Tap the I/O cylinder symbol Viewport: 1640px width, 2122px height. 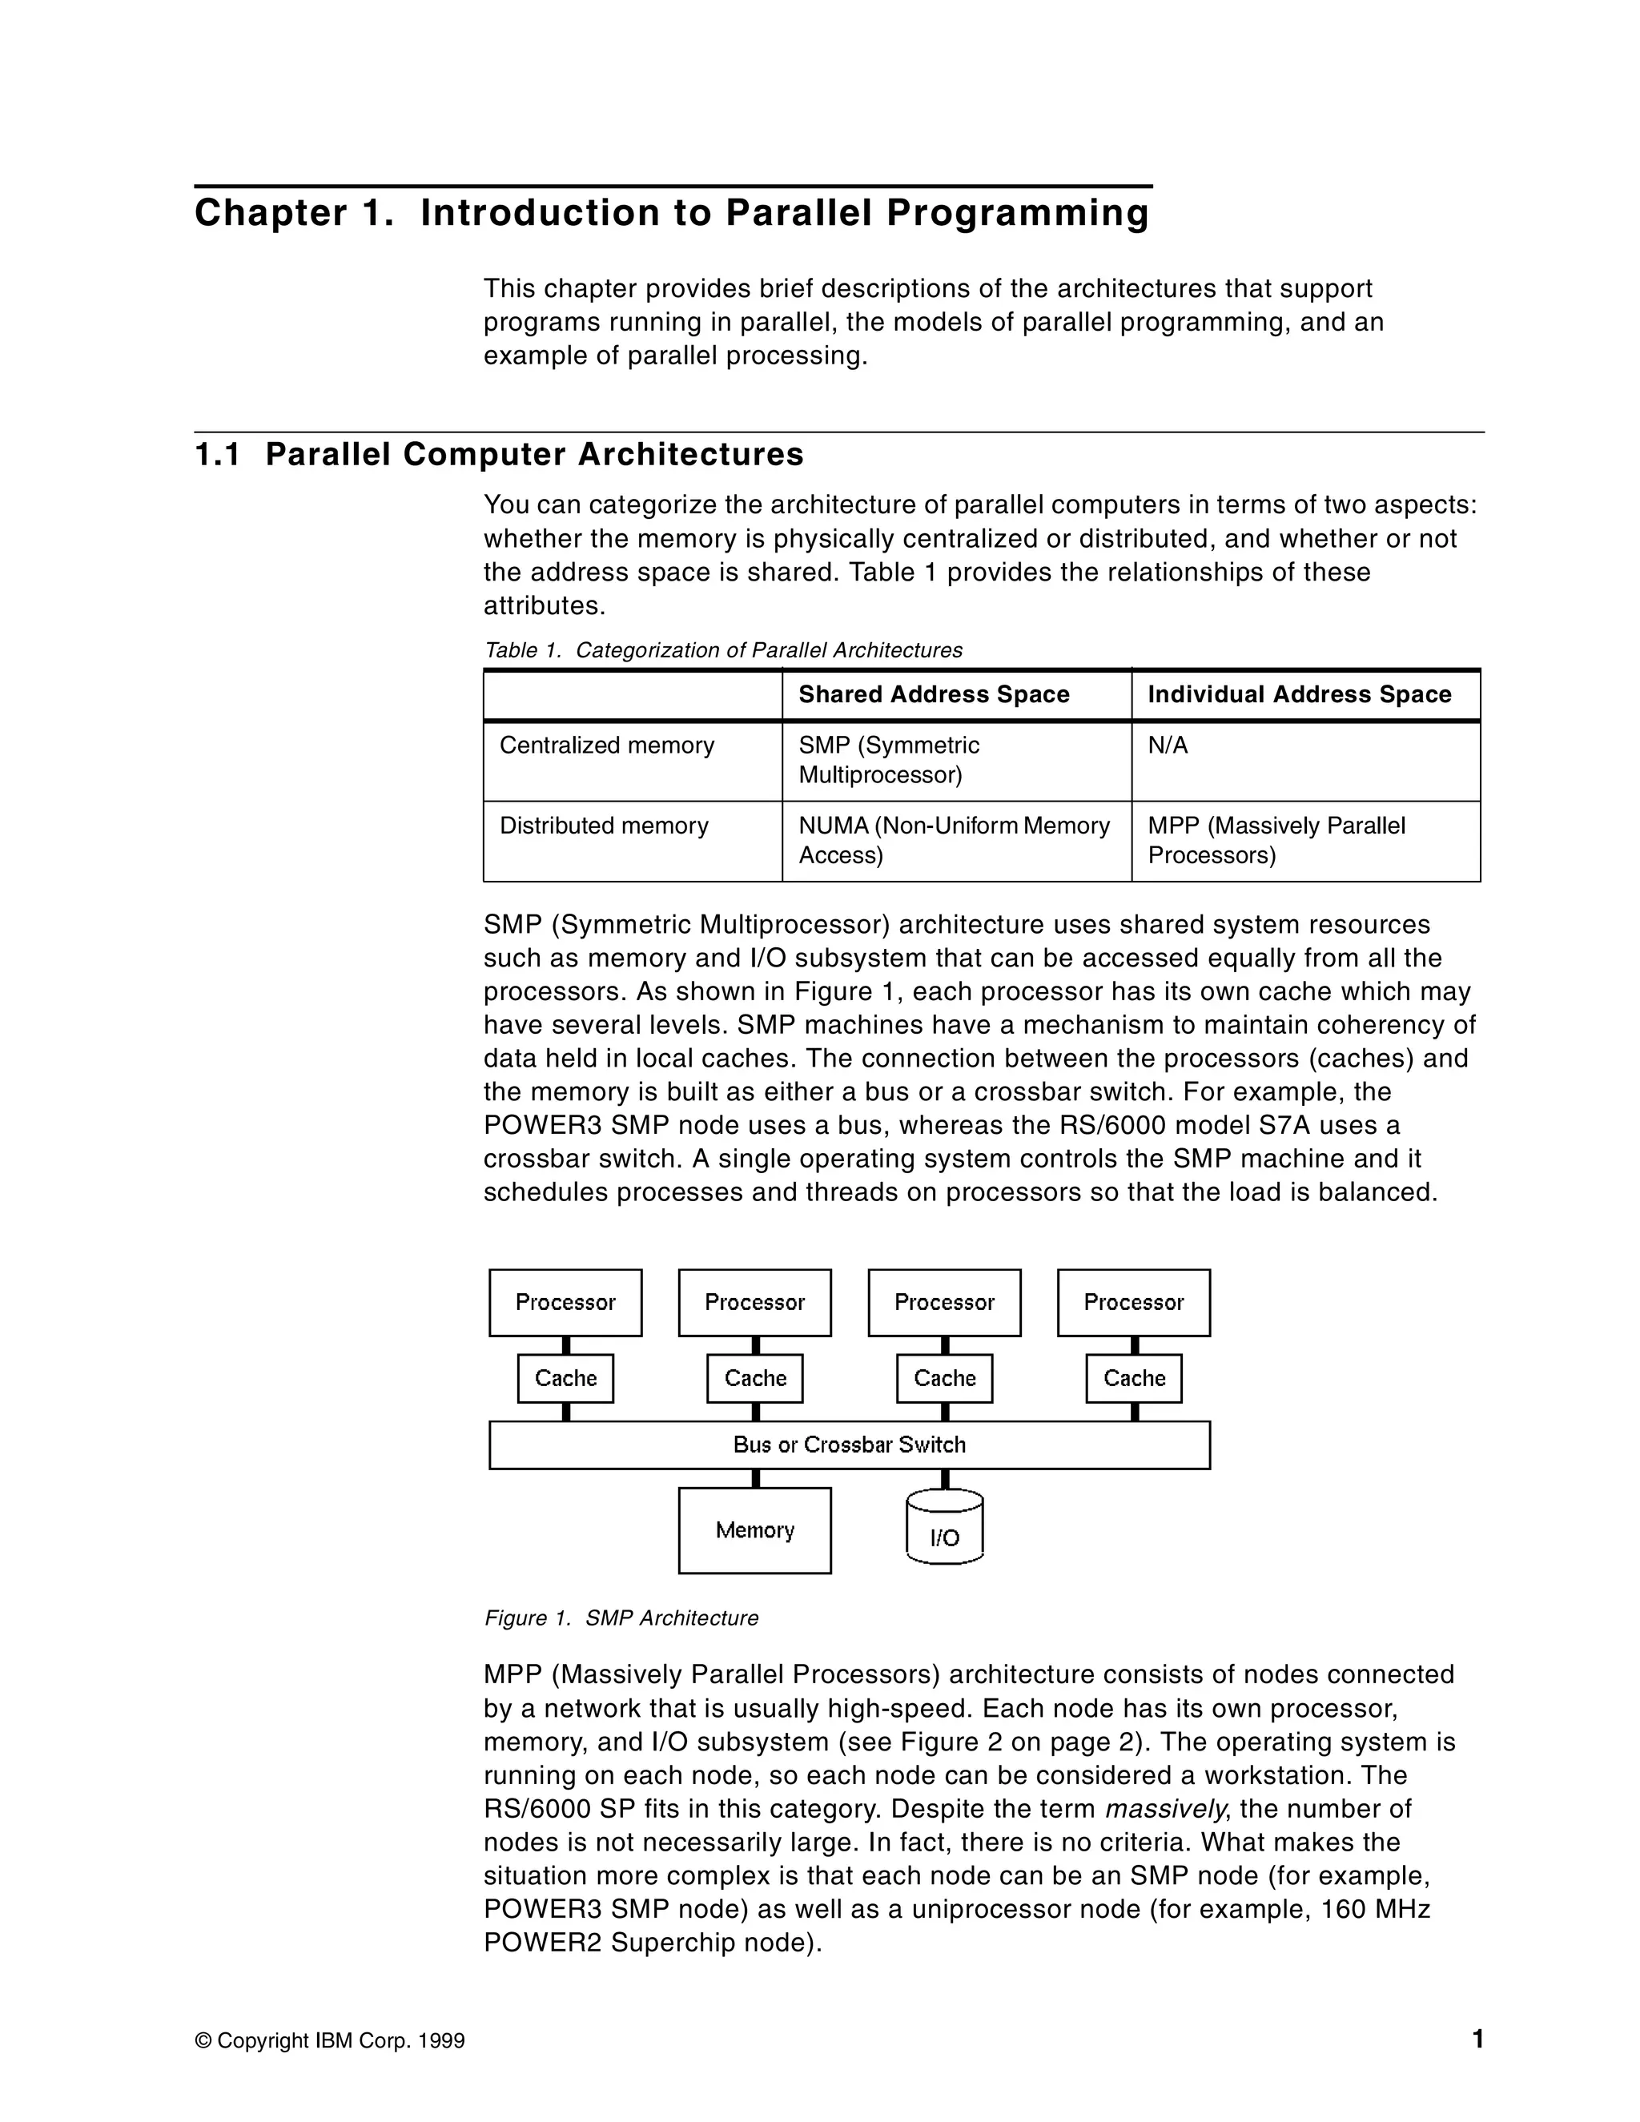click(943, 1527)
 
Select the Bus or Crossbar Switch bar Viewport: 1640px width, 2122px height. click(849, 1445)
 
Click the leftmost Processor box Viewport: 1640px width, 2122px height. click(565, 1302)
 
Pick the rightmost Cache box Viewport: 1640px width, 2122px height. click(1133, 1378)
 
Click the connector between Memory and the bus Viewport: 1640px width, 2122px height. click(755, 1478)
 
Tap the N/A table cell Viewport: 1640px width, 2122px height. click(1168, 746)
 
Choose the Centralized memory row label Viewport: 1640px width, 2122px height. click(606, 746)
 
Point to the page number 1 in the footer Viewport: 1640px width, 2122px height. click(1477, 2039)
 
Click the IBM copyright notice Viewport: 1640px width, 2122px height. click(331, 2040)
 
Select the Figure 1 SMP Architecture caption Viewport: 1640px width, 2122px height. click(621, 1618)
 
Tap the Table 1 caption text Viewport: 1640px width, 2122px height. click(723, 650)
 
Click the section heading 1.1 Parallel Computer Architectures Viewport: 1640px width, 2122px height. click(500, 454)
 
